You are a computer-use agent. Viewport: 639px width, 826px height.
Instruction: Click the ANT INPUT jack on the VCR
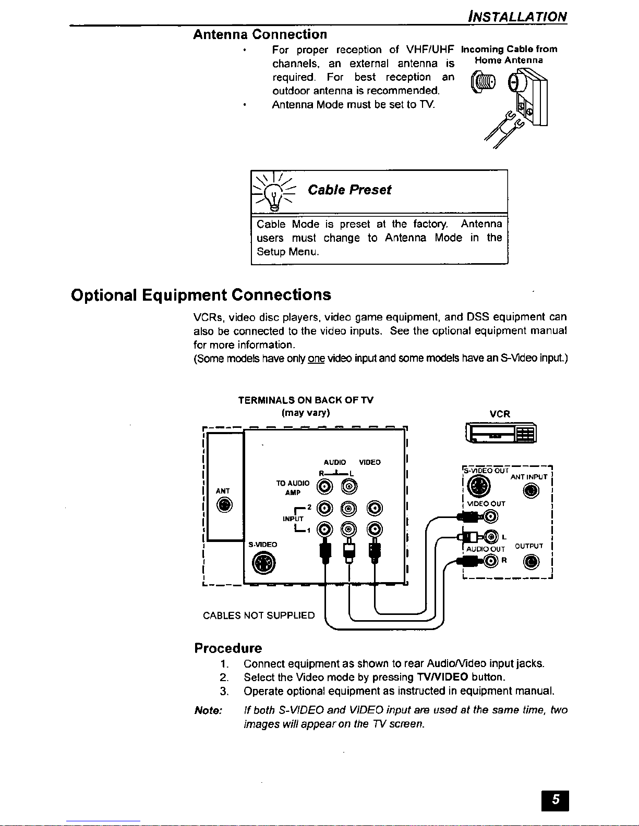click(532, 491)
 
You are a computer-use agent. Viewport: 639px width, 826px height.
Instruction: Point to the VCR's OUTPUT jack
click(532, 561)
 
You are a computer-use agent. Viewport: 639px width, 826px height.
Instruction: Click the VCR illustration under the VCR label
click(500, 434)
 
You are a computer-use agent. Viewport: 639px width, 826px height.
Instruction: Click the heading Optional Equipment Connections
click(201, 295)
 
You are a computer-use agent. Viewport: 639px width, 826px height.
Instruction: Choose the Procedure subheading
click(228, 648)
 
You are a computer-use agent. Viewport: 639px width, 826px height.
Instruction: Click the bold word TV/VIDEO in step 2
click(442, 677)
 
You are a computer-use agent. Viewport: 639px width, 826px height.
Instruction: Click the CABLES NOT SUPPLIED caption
click(259, 615)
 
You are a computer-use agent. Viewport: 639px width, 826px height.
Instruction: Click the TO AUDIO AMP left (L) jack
click(348, 487)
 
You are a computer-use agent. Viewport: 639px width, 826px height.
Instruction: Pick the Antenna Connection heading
click(260, 34)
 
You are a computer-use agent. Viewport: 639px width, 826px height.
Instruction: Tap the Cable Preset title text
click(349, 190)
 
